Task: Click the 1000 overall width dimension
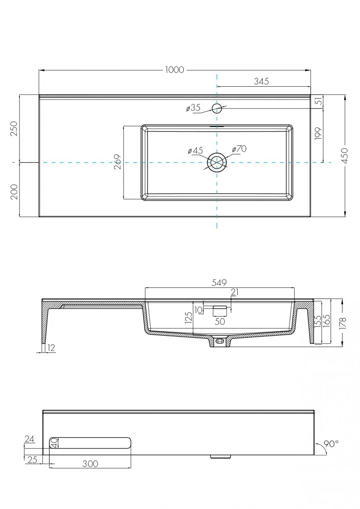174,70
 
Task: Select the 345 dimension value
261,81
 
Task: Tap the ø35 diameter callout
193,108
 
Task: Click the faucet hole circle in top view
217,108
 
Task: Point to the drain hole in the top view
217,162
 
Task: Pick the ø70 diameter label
239,149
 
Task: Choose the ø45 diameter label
196,150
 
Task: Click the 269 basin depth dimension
118,162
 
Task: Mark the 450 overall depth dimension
345,156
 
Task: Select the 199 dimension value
318,134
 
